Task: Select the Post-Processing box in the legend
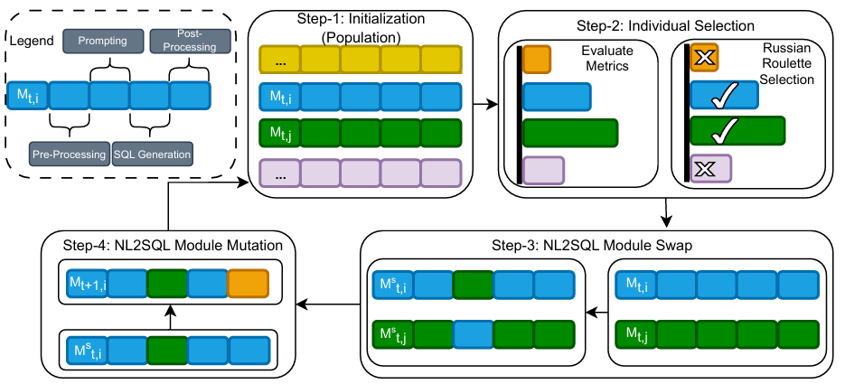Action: click(x=183, y=40)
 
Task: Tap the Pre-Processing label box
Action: click(x=69, y=154)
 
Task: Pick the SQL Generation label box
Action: click(x=153, y=154)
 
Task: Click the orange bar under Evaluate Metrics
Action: click(x=536, y=60)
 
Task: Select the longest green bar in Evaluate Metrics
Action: click(x=570, y=133)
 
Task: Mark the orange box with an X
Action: click(x=704, y=59)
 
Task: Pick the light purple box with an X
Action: click(x=710, y=169)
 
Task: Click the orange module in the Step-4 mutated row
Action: click(x=248, y=285)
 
